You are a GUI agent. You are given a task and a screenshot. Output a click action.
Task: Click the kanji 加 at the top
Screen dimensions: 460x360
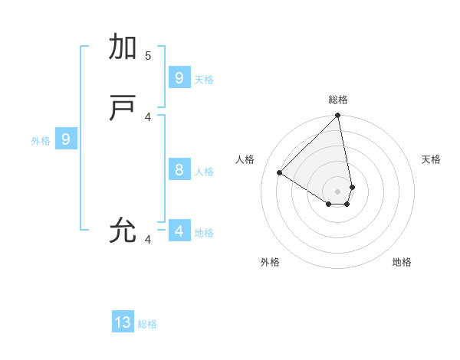[123, 47]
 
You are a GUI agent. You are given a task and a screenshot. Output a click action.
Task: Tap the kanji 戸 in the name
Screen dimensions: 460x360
[123, 110]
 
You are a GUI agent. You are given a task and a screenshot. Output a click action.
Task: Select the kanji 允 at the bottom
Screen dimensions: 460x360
[123, 229]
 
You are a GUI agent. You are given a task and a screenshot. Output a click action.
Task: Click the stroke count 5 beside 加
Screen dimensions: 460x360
[148, 56]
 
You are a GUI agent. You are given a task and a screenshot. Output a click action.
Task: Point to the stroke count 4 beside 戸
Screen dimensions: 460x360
[148, 116]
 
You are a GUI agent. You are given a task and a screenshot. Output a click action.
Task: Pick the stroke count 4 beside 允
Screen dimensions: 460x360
[148, 240]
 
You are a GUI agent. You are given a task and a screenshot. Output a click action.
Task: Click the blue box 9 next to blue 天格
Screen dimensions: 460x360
[179, 77]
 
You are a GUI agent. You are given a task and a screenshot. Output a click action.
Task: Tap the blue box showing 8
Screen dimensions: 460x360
[179, 169]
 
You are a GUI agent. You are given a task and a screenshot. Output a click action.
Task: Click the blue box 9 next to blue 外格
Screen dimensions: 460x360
[66, 139]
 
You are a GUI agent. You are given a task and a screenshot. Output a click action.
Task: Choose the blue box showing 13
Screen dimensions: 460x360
[123, 322]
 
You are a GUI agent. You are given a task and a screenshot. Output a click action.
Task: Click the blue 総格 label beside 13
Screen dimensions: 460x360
[147, 324]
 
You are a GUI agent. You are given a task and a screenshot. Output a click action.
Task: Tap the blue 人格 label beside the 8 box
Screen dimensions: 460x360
[204, 172]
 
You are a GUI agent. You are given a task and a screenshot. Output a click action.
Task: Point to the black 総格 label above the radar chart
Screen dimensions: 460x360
[338, 100]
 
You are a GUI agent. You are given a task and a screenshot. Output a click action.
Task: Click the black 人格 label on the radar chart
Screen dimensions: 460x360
[245, 159]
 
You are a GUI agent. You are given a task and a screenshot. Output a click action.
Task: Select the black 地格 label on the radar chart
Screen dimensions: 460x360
[402, 262]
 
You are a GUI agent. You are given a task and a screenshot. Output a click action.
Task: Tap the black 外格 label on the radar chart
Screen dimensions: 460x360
[270, 262]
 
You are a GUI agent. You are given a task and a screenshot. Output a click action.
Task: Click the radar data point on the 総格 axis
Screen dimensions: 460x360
[338, 116]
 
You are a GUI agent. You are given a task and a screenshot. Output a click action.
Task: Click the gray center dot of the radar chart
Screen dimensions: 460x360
[338, 191]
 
